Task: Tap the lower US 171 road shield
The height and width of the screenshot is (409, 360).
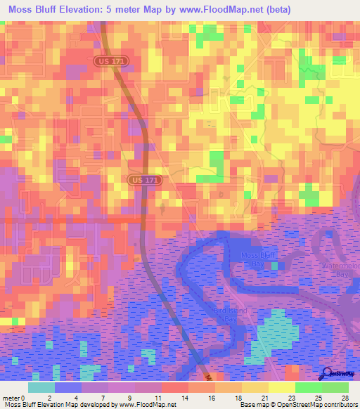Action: pos(144,181)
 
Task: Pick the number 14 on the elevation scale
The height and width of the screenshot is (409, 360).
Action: pos(184,397)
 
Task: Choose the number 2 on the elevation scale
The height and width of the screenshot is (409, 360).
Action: pos(49,397)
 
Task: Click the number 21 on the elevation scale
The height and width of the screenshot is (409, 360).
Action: pos(265,397)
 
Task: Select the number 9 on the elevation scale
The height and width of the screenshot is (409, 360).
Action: pos(130,397)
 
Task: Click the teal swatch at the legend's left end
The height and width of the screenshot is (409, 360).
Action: pos(41,387)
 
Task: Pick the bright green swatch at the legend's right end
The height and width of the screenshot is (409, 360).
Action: pos(335,387)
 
